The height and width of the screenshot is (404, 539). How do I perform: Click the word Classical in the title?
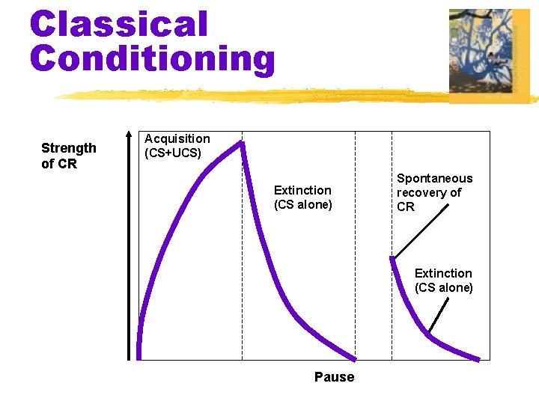tap(118, 24)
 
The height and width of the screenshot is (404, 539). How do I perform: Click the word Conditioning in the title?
tap(152, 58)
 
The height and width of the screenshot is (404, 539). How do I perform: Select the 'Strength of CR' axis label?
tap(68, 156)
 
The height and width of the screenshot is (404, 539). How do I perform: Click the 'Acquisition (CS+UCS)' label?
tap(177, 146)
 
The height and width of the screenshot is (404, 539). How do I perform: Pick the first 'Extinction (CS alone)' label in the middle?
tap(302, 198)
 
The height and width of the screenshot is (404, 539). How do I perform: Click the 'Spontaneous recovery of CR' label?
tap(434, 192)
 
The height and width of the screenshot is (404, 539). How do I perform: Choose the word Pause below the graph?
tap(334, 377)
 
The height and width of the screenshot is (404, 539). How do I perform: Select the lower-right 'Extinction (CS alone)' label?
tap(443, 280)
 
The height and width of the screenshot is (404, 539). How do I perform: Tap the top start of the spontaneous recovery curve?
tap(392, 260)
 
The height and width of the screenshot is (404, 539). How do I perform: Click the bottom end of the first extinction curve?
tap(354, 358)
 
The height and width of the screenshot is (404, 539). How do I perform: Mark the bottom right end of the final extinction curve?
tap(478, 358)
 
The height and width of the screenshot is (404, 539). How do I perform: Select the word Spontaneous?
tap(434, 178)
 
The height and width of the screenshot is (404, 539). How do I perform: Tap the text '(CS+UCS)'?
tap(173, 153)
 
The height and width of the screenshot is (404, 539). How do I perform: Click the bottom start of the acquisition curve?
tap(139, 356)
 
